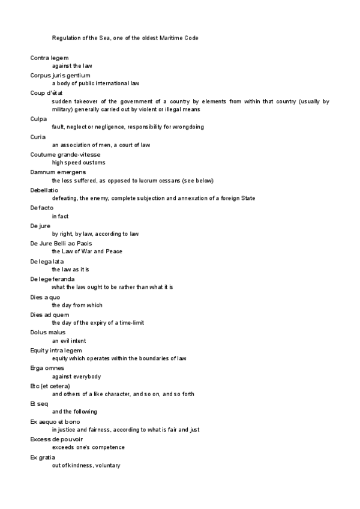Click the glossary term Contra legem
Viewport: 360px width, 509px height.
tap(49, 58)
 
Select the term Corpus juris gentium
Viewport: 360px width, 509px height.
tap(60, 75)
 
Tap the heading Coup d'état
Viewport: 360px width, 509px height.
tap(46, 93)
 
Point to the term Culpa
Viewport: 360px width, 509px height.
tap(38, 119)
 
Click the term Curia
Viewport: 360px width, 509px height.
tap(38, 137)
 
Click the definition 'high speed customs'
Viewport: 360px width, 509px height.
tap(79, 163)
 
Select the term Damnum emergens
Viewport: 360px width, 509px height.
tap(58, 172)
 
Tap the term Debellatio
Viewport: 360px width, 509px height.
tap(44, 190)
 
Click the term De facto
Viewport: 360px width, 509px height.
tap(42, 208)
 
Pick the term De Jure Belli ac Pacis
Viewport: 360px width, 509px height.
tap(61, 243)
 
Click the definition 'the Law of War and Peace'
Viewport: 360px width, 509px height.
tap(87, 251)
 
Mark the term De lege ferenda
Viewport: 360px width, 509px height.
tap(52, 279)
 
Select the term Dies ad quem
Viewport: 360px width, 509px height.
tap(50, 315)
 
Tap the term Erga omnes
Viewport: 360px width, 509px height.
tap(47, 368)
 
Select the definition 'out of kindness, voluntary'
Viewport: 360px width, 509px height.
tap(86, 465)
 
